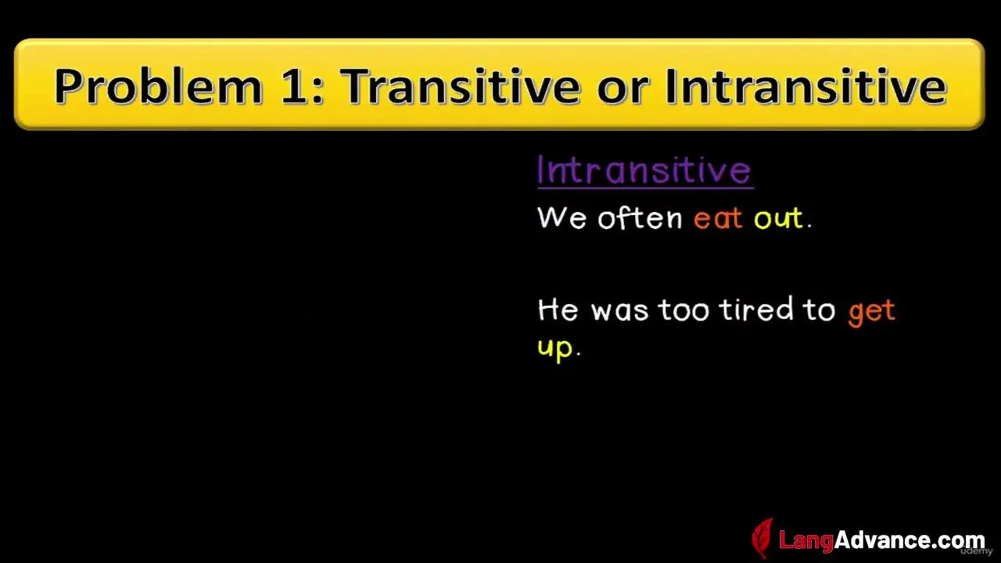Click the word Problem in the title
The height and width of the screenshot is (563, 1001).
158,87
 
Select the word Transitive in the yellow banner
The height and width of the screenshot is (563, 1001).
461,86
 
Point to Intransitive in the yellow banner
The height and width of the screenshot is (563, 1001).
805,86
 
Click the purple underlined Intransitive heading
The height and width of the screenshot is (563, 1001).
645,170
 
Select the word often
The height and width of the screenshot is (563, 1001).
640,217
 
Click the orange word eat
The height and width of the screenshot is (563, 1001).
718,218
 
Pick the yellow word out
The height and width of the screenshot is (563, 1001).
778,218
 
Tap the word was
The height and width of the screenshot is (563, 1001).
619,310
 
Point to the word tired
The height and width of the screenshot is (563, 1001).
755,308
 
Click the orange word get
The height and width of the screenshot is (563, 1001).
871,312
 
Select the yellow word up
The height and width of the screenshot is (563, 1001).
555,349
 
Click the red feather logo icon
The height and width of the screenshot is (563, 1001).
762,538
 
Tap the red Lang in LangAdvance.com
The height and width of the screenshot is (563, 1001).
806,540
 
